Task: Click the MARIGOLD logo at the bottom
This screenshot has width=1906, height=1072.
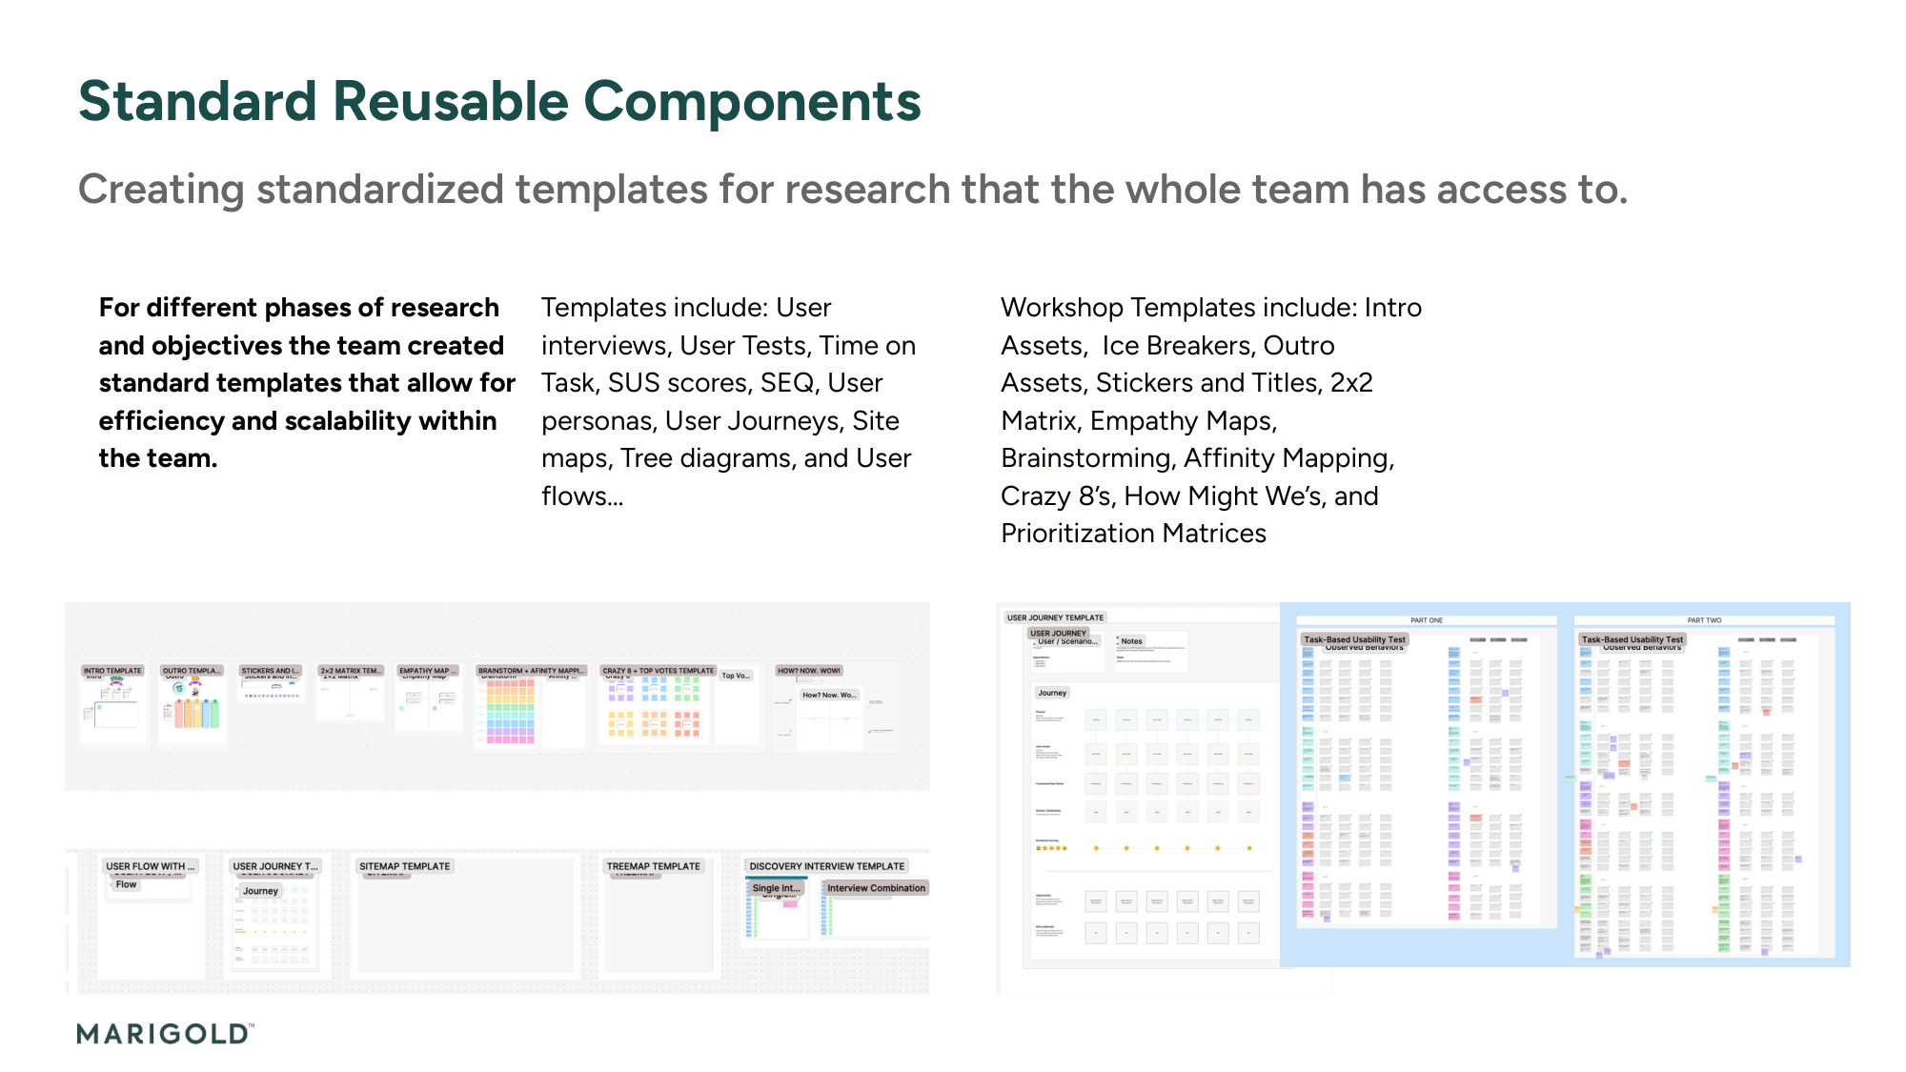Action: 165,1034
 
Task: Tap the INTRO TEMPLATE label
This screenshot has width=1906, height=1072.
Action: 112,671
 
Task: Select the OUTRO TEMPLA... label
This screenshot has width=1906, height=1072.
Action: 192,671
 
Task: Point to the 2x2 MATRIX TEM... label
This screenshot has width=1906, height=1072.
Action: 351,671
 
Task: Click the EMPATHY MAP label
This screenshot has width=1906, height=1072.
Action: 427,671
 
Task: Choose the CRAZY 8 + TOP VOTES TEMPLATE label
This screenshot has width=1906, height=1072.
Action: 658,671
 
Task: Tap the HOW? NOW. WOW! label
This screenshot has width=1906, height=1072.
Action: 808,671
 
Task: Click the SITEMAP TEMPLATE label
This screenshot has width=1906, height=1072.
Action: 404,866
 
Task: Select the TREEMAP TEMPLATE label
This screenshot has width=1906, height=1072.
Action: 654,866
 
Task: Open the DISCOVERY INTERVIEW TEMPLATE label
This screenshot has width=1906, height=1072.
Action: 826,866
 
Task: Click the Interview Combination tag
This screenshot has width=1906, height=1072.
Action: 876,888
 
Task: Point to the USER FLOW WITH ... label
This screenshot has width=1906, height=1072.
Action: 150,866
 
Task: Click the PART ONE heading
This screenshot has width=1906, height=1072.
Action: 1427,620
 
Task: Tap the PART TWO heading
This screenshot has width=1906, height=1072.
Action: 1704,620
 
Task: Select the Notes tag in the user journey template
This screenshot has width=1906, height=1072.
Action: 1131,641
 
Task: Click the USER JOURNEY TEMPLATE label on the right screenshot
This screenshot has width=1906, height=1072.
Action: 1055,617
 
